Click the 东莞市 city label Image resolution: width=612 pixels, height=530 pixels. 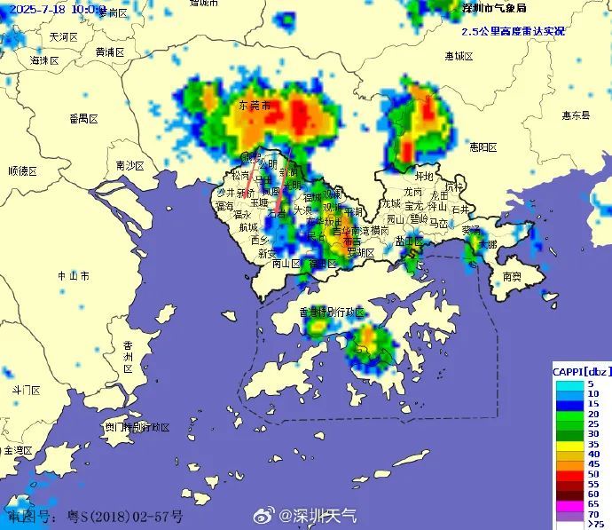255,106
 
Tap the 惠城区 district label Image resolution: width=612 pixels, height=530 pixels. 459,56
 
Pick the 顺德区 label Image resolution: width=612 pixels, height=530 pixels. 24,170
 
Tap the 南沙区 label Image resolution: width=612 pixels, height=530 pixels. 129,166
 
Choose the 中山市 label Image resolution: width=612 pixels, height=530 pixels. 73,276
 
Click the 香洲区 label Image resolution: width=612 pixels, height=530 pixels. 128,356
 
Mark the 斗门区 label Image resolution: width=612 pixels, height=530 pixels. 26,390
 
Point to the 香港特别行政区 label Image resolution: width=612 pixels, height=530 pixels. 333,312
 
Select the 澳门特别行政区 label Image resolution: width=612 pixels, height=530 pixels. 137,427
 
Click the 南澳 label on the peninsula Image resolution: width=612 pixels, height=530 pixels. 512,277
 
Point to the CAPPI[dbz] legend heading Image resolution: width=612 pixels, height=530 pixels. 580,370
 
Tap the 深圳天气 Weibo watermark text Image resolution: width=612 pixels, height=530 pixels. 318,515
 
